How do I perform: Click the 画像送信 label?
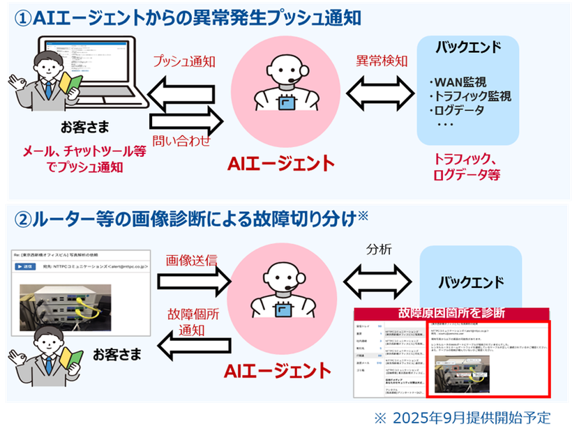(191, 259)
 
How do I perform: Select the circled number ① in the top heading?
(24, 17)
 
